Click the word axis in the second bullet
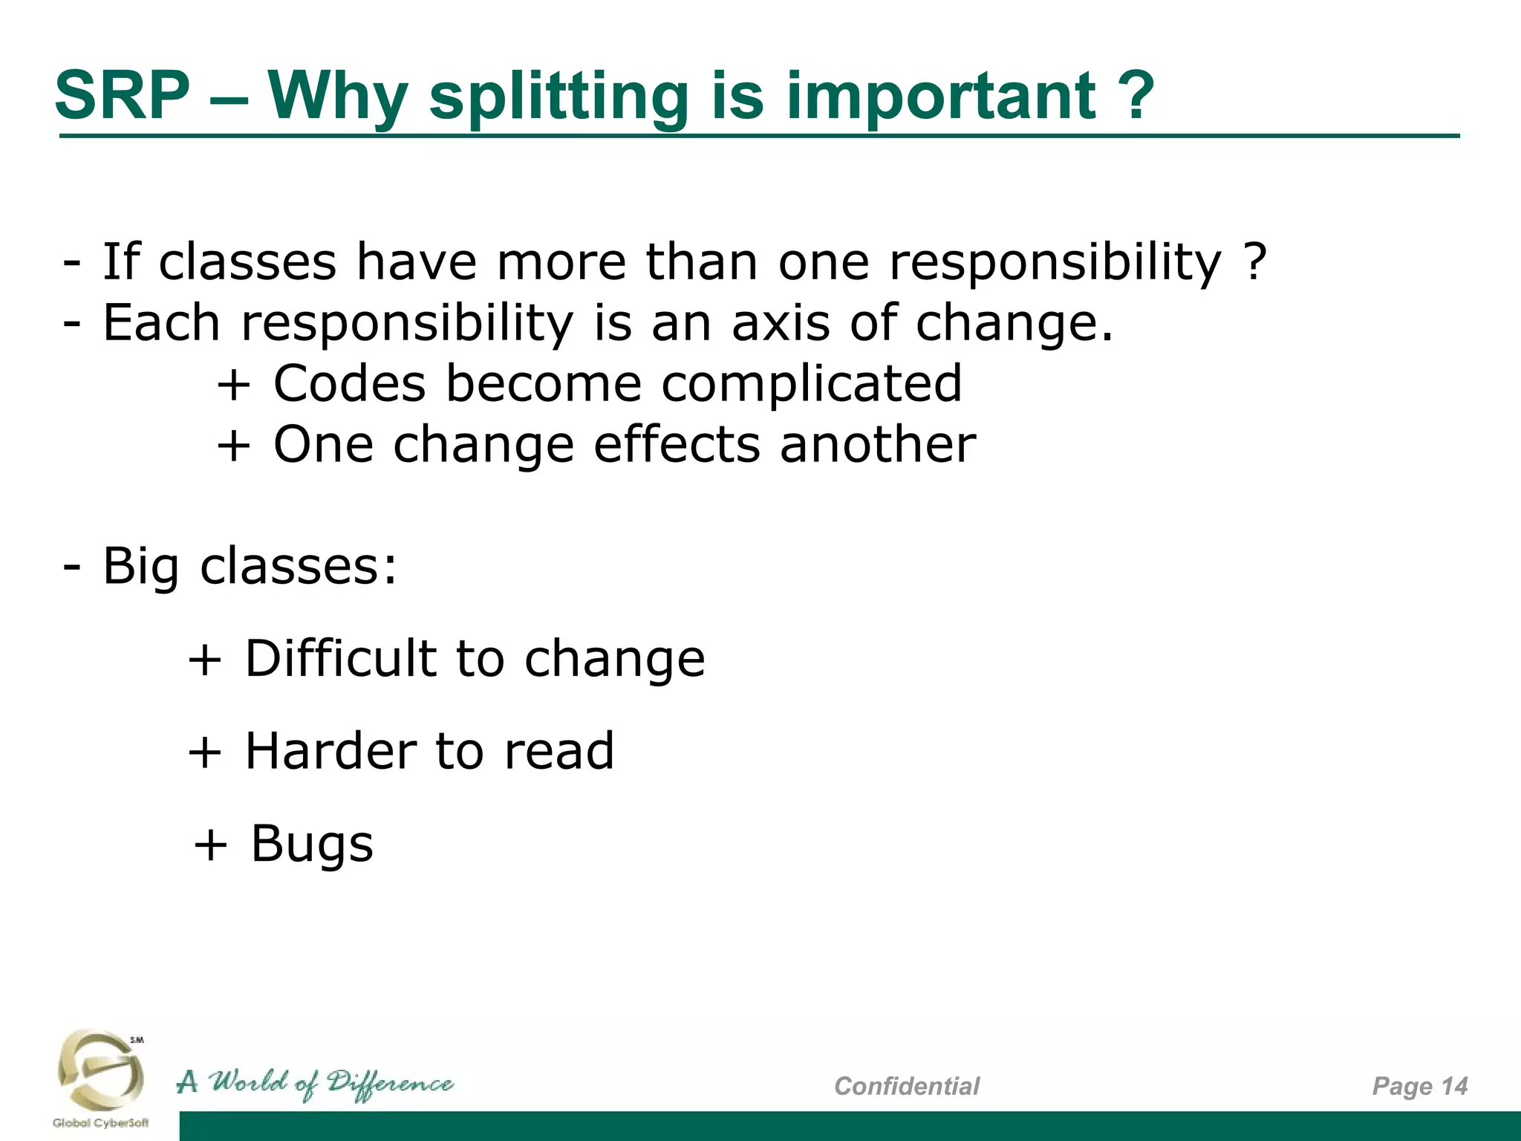click(x=780, y=323)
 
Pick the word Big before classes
click(x=140, y=568)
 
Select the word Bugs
click(x=312, y=845)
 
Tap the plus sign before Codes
click(x=233, y=386)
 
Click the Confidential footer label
click(x=906, y=1086)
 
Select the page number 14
click(x=1454, y=1086)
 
